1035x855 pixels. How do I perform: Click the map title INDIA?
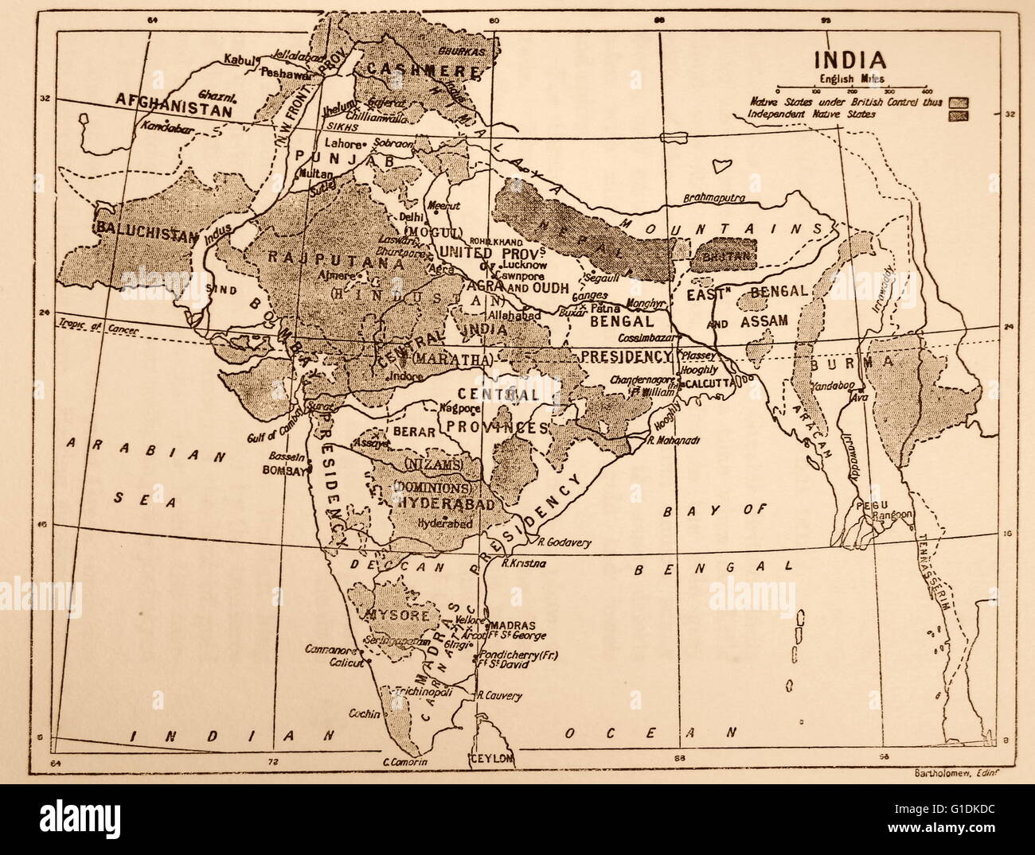point(849,60)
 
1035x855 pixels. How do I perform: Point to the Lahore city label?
point(343,145)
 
